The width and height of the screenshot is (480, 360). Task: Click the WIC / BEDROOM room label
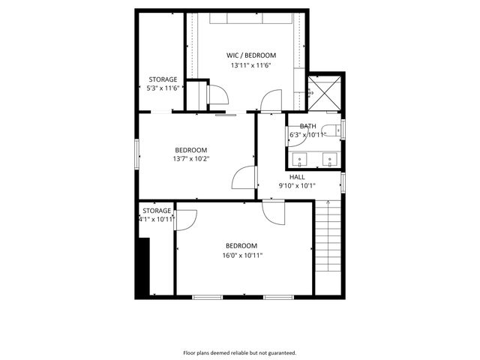point(251,55)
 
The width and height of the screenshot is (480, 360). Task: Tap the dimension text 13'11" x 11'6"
point(250,66)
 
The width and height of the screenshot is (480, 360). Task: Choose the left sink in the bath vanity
point(300,159)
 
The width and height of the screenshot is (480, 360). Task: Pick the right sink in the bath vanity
point(328,159)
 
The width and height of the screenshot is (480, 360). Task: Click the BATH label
point(307,127)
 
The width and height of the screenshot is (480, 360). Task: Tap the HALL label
point(297,177)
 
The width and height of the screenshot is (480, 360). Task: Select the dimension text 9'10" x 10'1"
point(297,186)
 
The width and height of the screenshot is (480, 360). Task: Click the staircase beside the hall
point(328,247)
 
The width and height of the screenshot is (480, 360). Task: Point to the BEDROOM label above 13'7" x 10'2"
point(190,148)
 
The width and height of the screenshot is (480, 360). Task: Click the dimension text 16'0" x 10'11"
point(241,256)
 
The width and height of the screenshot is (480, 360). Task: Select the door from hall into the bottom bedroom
point(274,211)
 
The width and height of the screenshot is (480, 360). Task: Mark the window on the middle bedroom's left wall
point(136,154)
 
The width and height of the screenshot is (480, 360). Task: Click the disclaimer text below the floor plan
point(240,352)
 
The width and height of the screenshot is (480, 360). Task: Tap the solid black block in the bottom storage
point(143,265)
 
